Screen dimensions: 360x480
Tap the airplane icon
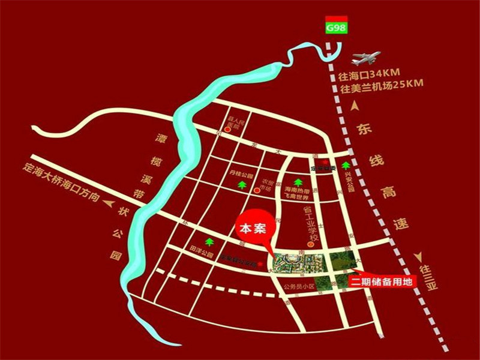(x=366, y=58)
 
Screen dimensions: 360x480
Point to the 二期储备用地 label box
(x=380, y=280)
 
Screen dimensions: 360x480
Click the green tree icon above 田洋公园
(x=209, y=242)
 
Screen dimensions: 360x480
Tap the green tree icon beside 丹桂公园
(x=242, y=185)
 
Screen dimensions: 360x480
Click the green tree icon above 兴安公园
(x=345, y=165)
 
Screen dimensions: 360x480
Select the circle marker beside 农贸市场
(x=257, y=191)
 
